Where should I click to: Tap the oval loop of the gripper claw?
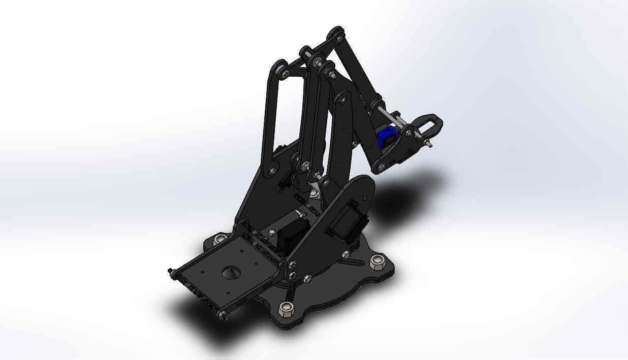tap(430, 122)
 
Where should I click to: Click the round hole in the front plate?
tap(231, 273)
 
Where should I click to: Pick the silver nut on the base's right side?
tap(376, 261)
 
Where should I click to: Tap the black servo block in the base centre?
tap(295, 231)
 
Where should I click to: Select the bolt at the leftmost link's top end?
tap(285, 74)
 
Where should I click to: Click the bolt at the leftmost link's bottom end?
tap(273, 170)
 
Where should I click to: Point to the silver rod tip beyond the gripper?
tap(430, 143)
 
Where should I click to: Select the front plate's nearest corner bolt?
tap(223, 315)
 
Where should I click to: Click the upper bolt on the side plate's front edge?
tap(292, 264)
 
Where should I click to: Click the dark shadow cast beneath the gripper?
tap(401, 195)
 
